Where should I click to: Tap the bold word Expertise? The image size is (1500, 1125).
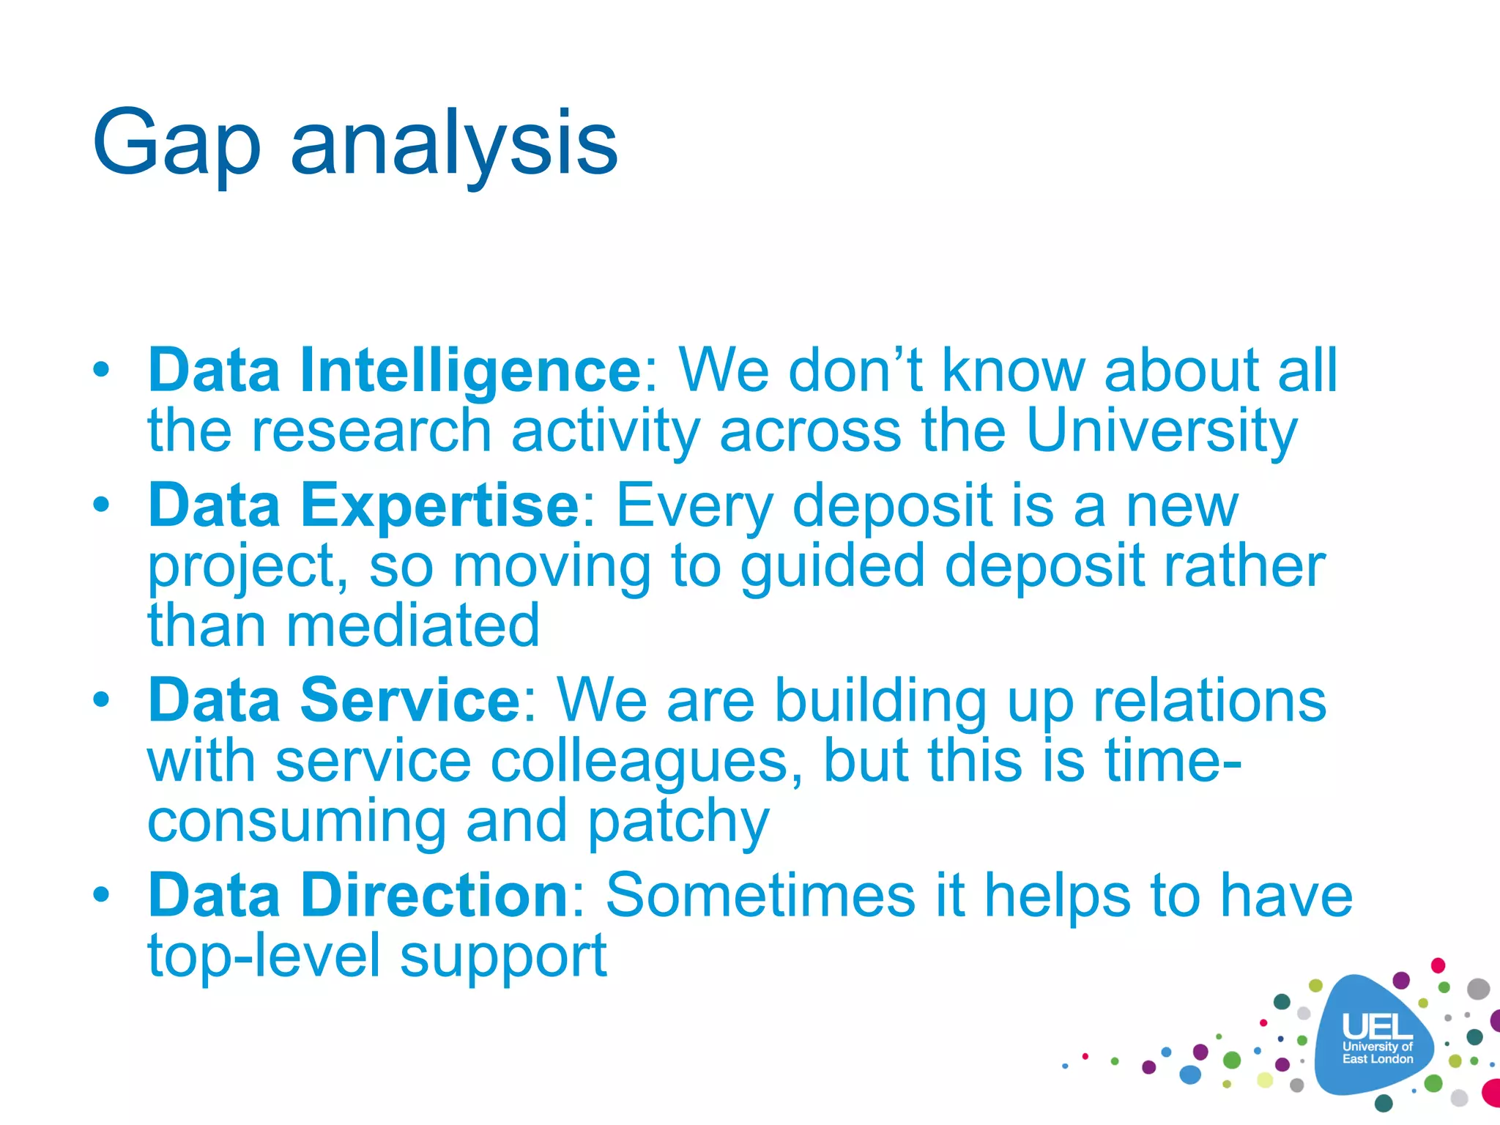[x=439, y=505]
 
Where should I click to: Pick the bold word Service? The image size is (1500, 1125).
[x=410, y=701]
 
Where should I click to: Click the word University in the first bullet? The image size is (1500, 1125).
[x=1162, y=431]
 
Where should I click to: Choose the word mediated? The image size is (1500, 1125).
[x=412, y=626]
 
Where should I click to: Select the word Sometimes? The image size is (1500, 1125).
[x=760, y=895]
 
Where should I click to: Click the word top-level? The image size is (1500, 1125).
[x=264, y=957]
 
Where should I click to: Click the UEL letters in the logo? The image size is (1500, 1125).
[x=1376, y=1026]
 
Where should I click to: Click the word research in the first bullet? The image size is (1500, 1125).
[x=371, y=431]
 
